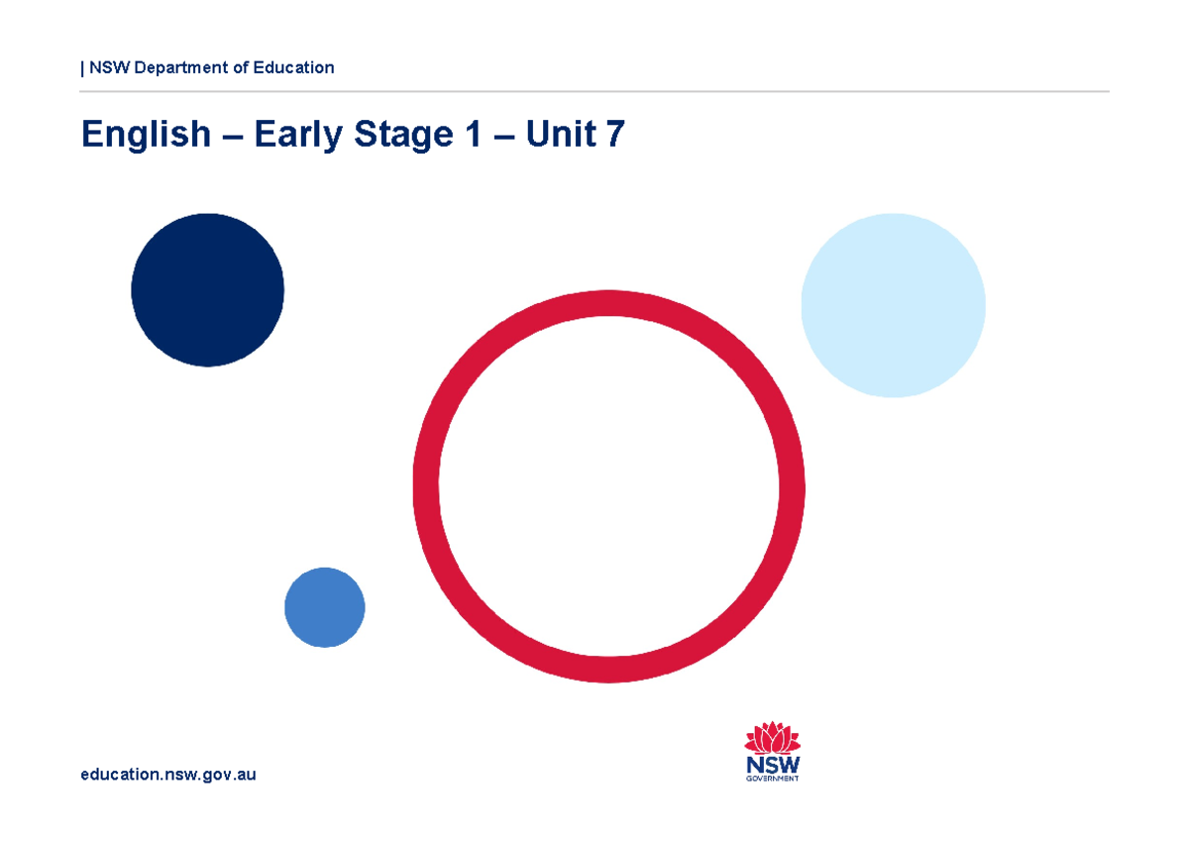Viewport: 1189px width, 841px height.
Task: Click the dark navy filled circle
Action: (x=207, y=290)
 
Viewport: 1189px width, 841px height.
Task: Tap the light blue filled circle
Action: (x=893, y=305)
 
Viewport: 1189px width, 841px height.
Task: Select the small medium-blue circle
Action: (x=325, y=607)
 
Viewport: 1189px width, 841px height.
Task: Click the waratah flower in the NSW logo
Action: (x=772, y=738)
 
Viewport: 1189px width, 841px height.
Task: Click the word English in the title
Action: (x=147, y=135)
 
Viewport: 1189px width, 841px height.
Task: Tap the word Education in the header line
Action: (x=294, y=67)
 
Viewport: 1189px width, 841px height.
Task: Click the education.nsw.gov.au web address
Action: (x=168, y=775)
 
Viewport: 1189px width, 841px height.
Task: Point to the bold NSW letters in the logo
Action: (x=773, y=765)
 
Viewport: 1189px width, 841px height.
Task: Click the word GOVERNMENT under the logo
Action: (x=773, y=779)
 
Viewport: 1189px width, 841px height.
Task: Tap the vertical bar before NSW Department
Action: (x=82, y=68)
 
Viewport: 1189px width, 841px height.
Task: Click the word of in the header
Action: (x=244, y=67)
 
